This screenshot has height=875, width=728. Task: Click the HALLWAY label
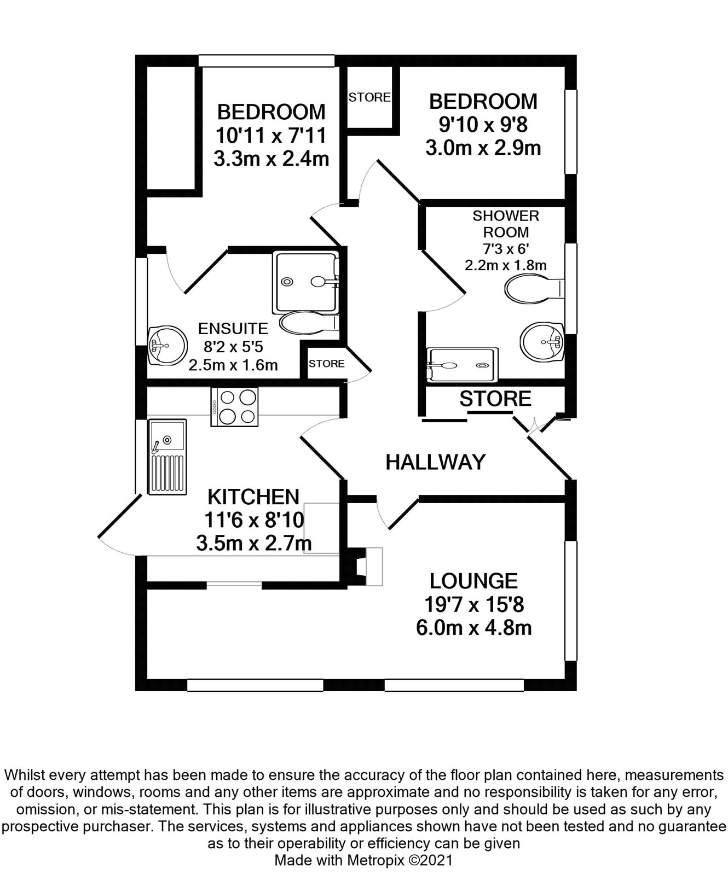click(x=435, y=462)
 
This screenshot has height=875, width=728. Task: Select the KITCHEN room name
click(x=253, y=497)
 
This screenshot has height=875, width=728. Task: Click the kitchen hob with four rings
click(x=234, y=407)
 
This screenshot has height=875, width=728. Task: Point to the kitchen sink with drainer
click(x=167, y=457)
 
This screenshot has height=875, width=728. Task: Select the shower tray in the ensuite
click(x=305, y=282)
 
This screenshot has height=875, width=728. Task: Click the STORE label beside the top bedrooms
click(x=369, y=97)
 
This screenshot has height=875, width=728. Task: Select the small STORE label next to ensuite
click(x=326, y=364)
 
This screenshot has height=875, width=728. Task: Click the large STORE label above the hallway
click(x=495, y=399)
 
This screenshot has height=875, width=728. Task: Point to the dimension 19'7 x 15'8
click(x=474, y=605)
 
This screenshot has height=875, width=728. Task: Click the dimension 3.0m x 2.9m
click(x=483, y=148)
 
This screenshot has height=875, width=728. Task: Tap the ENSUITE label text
click(x=233, y=329)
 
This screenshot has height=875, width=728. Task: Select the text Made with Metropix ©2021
click(x=363, y=860)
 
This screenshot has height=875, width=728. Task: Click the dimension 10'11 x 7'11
click(x=271, y=135)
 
